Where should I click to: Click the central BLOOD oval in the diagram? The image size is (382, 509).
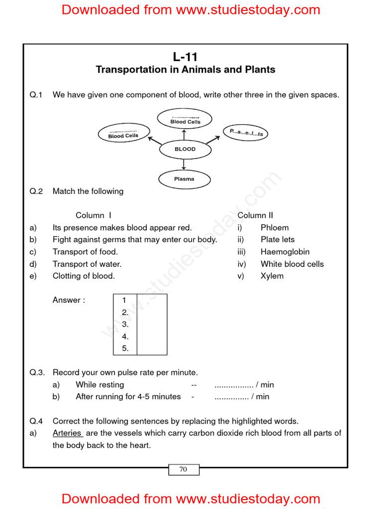click(x=185, y=149)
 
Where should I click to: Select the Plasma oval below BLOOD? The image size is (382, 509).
click(x=184, y=179)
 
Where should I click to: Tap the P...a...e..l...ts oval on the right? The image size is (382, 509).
click(x=246, y=133)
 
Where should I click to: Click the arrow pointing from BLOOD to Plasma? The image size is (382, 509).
click(x=184, y=164)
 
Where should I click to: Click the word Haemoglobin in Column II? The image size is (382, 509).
click(x=285, y=252)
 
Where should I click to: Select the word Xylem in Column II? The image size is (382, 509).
click(x=272, y=276)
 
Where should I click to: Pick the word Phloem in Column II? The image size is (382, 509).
click(x=274, y=228)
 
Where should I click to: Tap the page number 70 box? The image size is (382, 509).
click(x=183, y=469)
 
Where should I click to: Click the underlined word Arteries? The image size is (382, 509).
click(x=68, y=433)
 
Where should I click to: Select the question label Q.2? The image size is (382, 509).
click(x=37, y=191)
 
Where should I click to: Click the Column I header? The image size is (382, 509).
click(x=94, y=215)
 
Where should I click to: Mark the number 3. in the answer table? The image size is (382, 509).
click(x=125, y=324)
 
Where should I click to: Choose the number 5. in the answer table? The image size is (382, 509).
click(x=125, y=348)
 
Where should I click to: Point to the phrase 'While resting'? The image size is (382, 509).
click(x=100, y=385)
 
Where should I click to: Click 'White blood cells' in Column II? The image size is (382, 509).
click(x=292, y=264)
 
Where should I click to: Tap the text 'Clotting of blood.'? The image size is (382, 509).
click(x=84, y=276)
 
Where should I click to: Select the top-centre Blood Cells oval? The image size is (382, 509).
click(x=185, y=120)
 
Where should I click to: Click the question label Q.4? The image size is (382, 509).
click(x=37, y=422)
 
